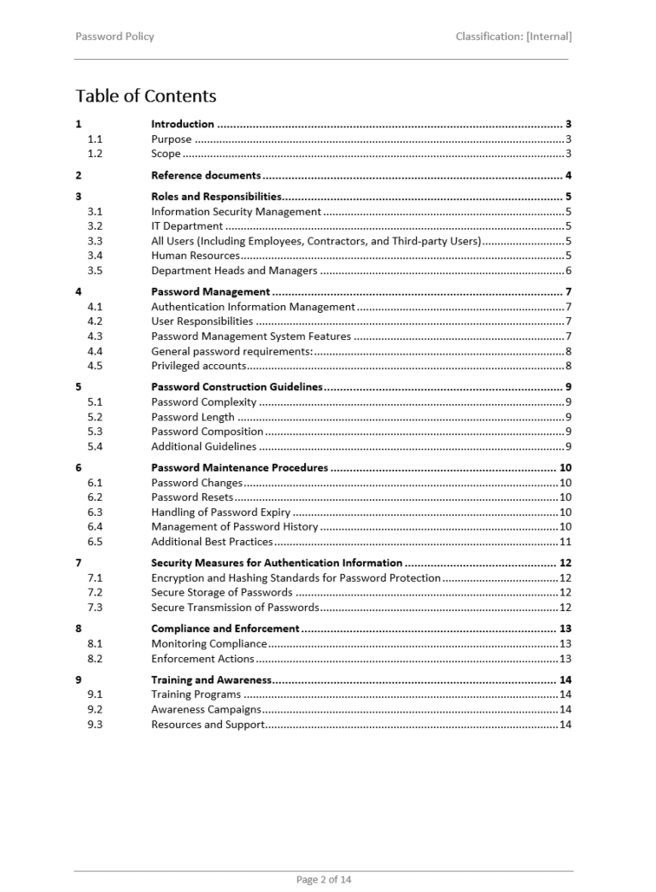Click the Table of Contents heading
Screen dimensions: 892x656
pos(146,96)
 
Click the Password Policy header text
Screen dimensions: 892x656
pos(114,37)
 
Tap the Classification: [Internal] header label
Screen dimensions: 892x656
pos(513,37)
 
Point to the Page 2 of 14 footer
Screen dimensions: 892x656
pos(324,879)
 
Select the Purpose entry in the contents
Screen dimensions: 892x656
pos(172,139)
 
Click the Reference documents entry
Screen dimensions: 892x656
pos(206,176)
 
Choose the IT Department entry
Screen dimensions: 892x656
pos(187,226)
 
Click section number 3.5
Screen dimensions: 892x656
pos(95,271)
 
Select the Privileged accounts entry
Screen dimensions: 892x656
pos(199,366)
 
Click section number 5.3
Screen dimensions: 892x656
pos(95,431)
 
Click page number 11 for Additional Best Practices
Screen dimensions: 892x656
pos(565,542)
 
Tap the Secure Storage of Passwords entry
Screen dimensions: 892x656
pos(222,592)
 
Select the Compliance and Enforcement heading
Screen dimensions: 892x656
pos(225,629)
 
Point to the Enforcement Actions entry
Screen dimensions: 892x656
pos(202,659)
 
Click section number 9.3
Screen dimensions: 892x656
pos(95,725)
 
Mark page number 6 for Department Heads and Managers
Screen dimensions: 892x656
pos(568,271)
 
